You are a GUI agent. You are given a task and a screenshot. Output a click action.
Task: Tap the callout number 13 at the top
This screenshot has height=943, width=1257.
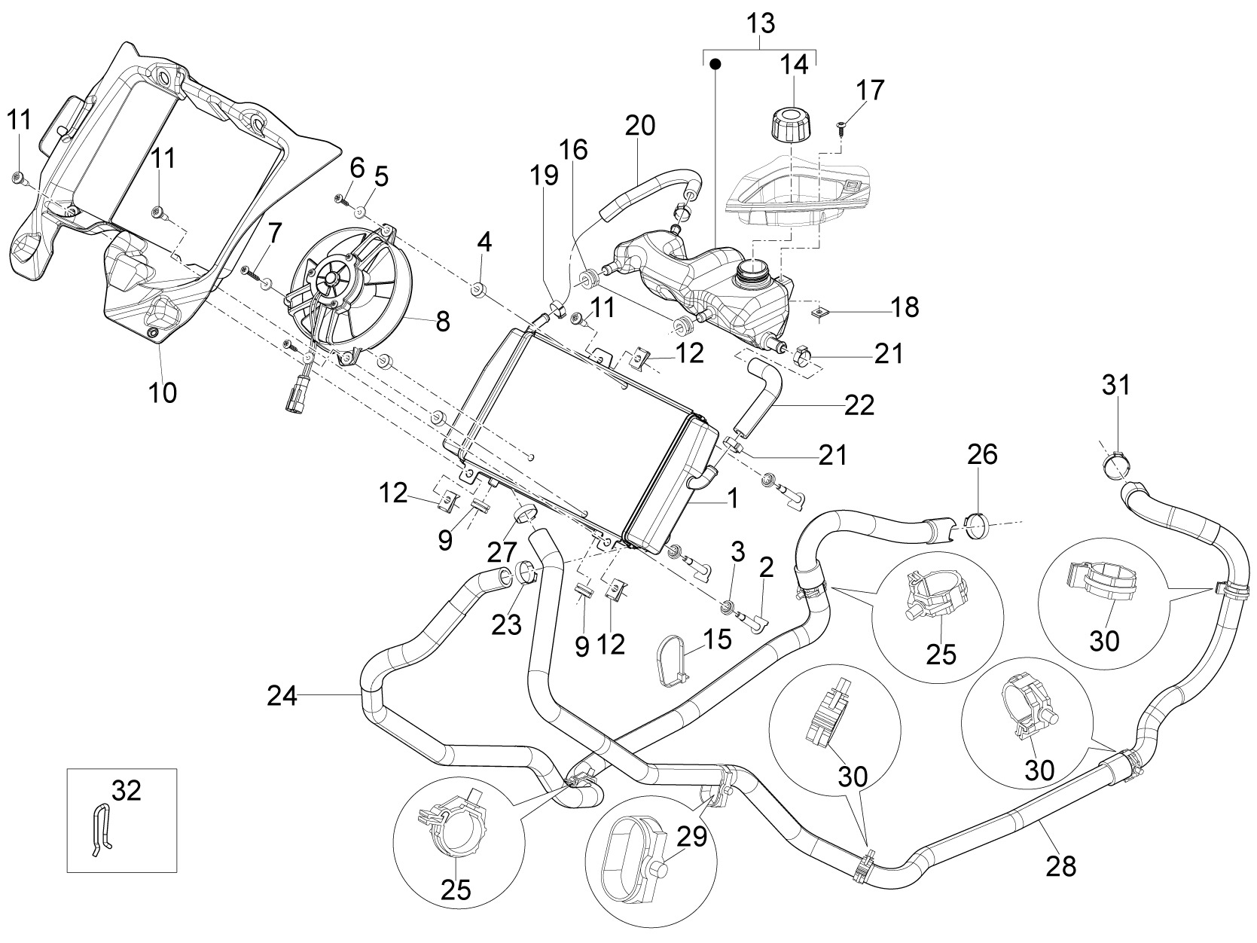pos(761,24)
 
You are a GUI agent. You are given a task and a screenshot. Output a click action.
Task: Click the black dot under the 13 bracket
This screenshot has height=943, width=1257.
pos(715,64)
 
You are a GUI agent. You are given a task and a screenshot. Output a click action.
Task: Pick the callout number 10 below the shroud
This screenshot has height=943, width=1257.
pos(163,393)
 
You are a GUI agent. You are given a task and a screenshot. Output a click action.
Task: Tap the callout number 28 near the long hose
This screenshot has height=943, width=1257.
pos(1060,866)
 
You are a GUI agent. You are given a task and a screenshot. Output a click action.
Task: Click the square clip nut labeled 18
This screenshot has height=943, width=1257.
pos(821,313)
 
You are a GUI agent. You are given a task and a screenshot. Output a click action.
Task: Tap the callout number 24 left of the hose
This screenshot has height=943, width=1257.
pos(282,696)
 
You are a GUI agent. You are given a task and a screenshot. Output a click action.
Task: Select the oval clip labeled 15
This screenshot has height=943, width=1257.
pos(670,660)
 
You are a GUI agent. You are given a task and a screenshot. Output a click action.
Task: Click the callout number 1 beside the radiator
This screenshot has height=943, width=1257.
pos(733,499)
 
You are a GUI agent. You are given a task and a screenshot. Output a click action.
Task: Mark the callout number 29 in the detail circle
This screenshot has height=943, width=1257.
pos(692,838)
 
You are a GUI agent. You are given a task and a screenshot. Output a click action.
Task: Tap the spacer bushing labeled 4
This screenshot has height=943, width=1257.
pos(478,290)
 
